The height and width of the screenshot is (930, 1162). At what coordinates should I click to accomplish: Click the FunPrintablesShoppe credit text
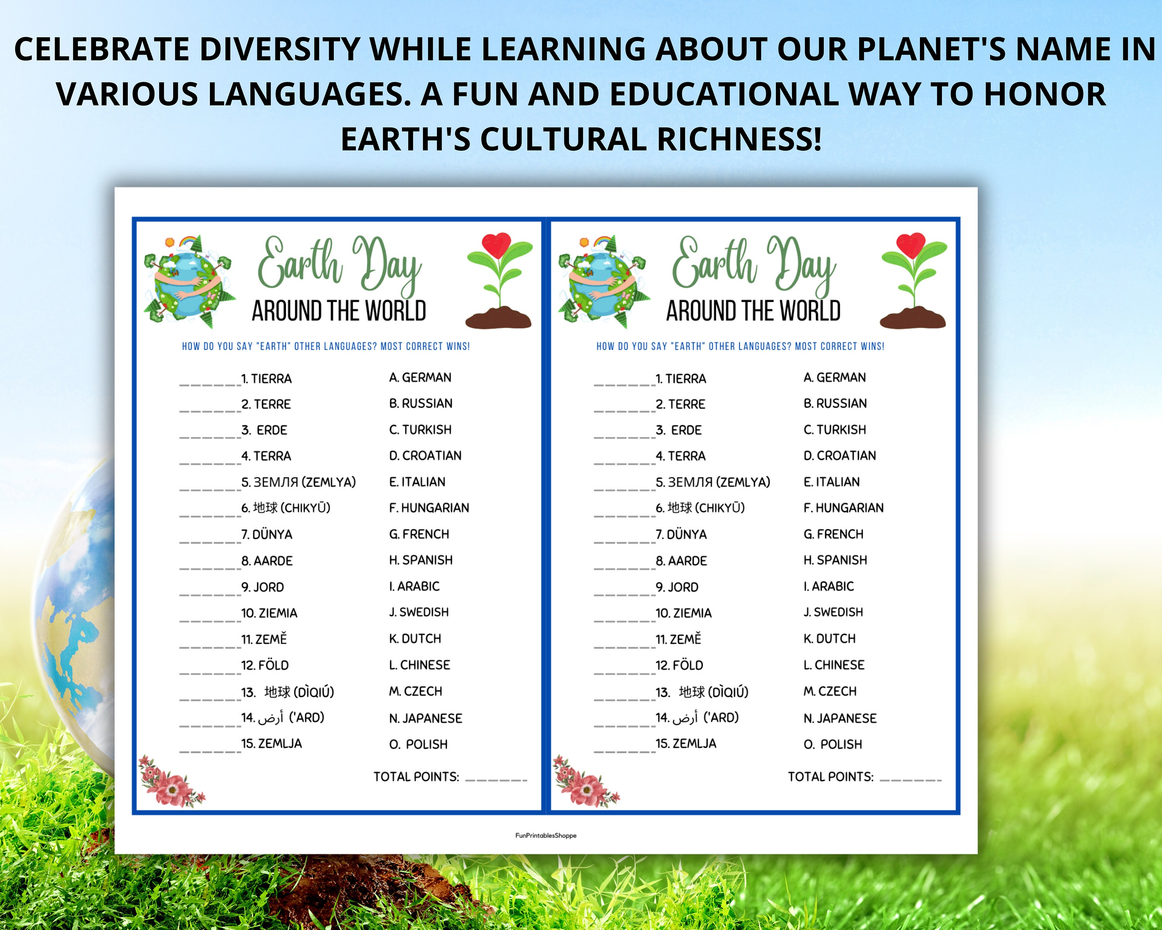click(x=545, y=836)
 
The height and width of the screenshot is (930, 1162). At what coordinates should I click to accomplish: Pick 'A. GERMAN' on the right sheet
click(x=834, y=377)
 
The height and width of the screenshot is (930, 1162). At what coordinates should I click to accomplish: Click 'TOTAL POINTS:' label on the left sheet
click(x=416, y=777)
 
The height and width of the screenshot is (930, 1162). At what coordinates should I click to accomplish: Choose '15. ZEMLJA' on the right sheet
click(x=686, y=744)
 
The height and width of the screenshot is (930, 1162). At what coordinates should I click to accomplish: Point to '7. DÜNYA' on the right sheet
click(x=681, y=535)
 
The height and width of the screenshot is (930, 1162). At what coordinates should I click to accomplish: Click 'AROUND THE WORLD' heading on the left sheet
click(x=339, y=311)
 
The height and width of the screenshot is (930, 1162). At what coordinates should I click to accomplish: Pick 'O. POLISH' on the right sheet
click(x=833, y=744)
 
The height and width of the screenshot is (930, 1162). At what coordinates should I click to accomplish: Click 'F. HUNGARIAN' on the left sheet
click(x=429, y=508)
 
